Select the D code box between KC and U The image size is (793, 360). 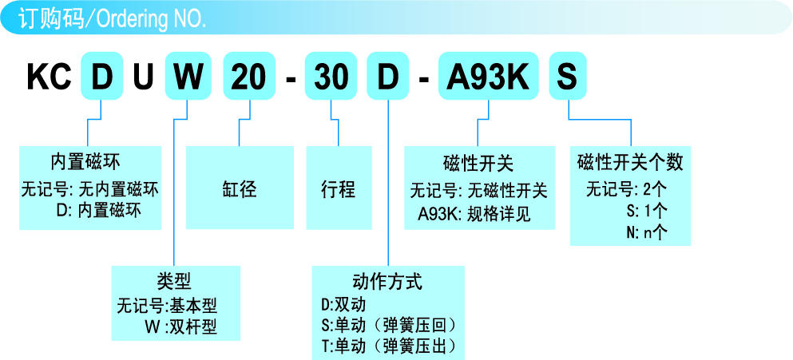pyautogui.click(x=103, y=77)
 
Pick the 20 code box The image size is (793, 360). pyautogui.click(x=248, y=77)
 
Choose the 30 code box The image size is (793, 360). pyautogui.click(x=331, y=77)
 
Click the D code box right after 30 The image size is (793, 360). pyautogui.click(x=387, y=77)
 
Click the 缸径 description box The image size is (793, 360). pyautogui.click(x=238, y=189)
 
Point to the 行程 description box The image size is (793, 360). pyautogui.click(x=338, y=189)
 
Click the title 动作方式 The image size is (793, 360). pyautogui.click(x=387, y=282)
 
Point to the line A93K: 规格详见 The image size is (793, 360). pyautogui.click(x=474, y=214)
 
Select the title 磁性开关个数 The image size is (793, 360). pyautogui.click(x=630, y=162)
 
